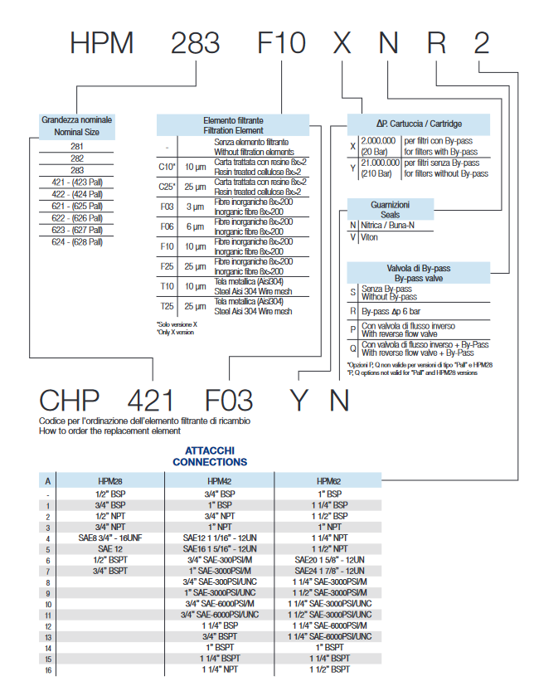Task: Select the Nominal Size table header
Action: coord(77,126)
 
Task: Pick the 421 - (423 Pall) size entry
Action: coord(77,182)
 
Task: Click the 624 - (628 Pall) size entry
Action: coord(77,241)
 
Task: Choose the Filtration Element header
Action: coord(233,125)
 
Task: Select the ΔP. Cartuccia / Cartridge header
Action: coord(419,124)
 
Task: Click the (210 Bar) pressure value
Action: coord(379,173)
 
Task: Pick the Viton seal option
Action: coord(370,237)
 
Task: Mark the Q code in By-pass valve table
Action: coord(353,348)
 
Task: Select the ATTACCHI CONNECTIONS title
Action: coord(210,455)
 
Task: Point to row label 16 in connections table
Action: coord(49,669)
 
